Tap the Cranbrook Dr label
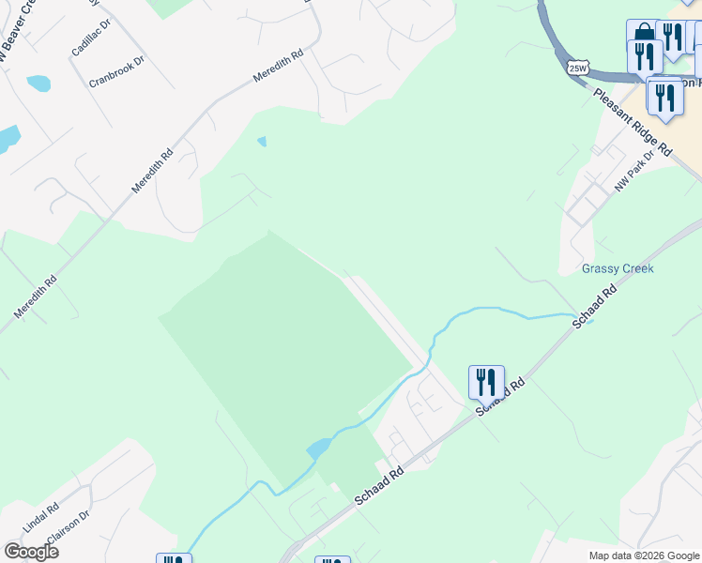117,72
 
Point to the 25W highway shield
578,68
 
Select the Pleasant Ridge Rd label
633,123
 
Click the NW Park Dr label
633,174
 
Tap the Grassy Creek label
617,268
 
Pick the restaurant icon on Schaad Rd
486,382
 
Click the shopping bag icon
643,35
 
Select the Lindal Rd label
40,519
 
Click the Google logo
31,551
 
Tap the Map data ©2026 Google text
643,555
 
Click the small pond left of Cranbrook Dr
38,84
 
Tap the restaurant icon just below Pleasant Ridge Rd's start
664,99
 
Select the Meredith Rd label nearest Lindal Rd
35,296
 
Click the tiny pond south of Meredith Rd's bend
262,142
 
